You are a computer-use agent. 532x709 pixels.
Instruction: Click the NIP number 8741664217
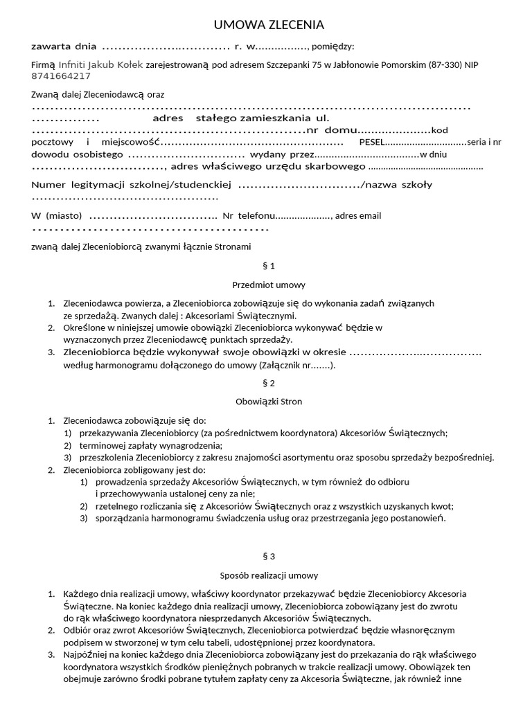pyautogui.click(x=61, y=76)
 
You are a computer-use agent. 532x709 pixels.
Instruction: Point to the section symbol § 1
pyautogui.click(x=268, y=266)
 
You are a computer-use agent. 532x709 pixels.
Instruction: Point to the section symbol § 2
pyautogui.click(x=268, y=383)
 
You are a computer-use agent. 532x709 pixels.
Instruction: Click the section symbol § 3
pyautogui.click(x=268, y=556)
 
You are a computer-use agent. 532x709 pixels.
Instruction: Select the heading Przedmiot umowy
pyautogui.click(x=268, y=285)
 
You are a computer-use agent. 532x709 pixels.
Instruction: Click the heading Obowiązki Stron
pyautogui.click(x=268, y=402)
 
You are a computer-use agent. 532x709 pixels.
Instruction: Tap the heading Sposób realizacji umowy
pyautogui.click(x=268, y=575)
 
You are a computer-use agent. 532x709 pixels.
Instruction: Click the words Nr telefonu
pyautogui.click(x=249, y=215)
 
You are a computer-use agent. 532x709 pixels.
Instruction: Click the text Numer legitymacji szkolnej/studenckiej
pyautogui.click(x=131, y=185)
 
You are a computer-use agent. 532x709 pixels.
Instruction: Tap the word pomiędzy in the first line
pyautogui.click(x=332, y=46)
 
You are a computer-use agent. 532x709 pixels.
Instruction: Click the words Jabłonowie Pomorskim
pyautogui.click(x=380, y=64)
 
